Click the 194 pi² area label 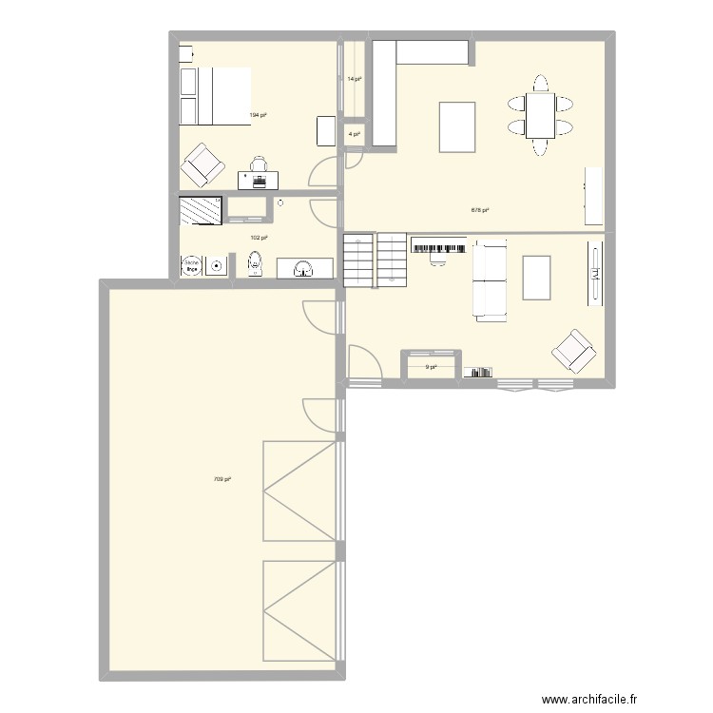click(x=258, y=115)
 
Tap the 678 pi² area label click(x=480, y=210)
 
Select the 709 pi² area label click(x=222, y=479)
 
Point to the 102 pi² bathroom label click(x=258, y=238)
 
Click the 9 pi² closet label click(x=432, y=367)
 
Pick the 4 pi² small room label click(x=354, y=134)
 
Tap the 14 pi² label click(x=354, y=79)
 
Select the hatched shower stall click(x=201, y=210)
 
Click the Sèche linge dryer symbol click(x=192, y=265)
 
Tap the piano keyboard click(x=438, y=247)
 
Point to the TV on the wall click(x=595, y=274)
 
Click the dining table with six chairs click(x=540, y=115)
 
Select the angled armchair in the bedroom click(x=202, y=165)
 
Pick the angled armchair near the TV click(x=574, y=352)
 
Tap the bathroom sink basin click(x=304, y=268)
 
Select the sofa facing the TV click(x=490, y=280)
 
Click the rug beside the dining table click(x=457, y=126)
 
